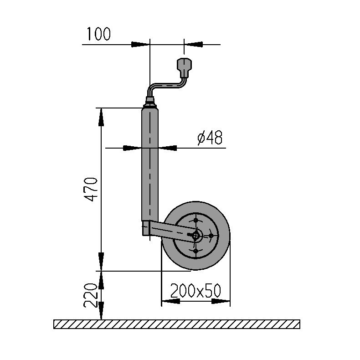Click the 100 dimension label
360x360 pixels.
point(99,34)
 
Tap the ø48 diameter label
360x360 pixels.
point(210,138)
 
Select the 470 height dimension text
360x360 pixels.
point(91,189)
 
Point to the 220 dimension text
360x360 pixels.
point(91,295)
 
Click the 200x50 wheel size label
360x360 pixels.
point(195,290)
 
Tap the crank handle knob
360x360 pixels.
point(184,68)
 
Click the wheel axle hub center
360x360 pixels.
point(195,235)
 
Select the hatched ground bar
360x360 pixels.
point(177,324)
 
